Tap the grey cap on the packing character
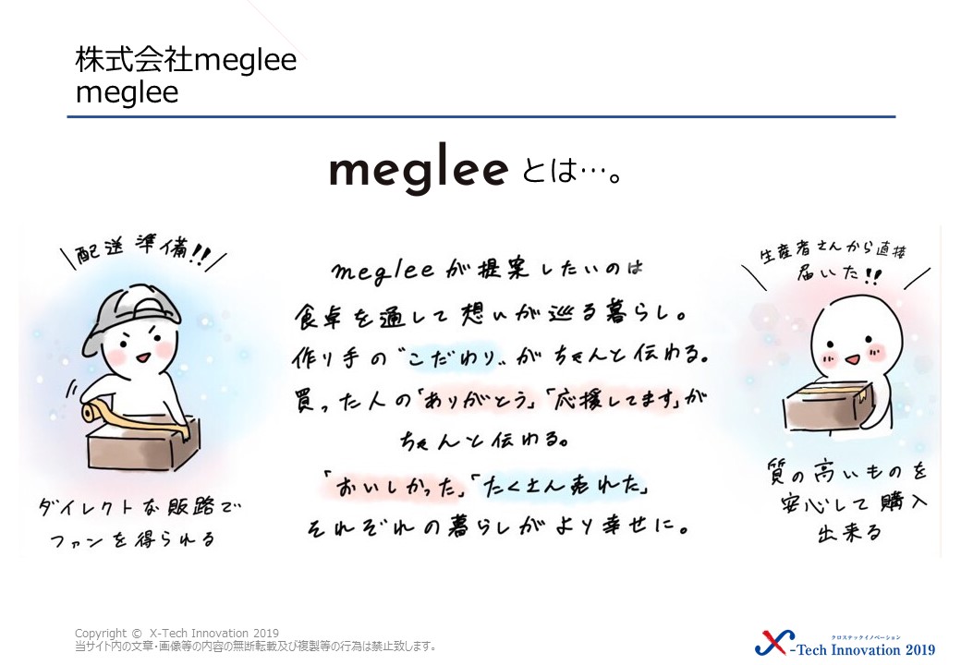[126, 312]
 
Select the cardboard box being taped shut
[143, 444]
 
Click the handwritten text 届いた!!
[838, 274]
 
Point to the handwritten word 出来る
[849, 533]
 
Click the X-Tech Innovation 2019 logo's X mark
[774, 643]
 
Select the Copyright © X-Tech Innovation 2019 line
[177, 634]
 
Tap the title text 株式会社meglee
[187, 61]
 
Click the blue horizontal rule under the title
[481, 116]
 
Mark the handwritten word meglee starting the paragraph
[383, 271]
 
